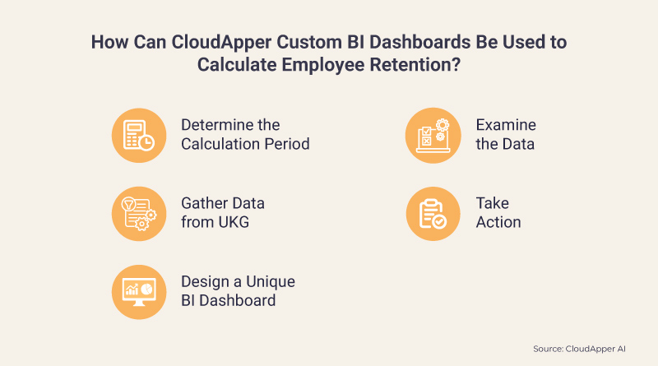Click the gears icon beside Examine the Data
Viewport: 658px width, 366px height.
click(433, 135)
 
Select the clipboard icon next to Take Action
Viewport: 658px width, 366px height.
click(433, 213)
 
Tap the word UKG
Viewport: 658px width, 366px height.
click(233, 223)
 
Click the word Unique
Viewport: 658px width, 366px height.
click(268, 281)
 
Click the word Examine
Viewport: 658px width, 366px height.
click(506, 125)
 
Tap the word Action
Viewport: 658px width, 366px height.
click(498, 223)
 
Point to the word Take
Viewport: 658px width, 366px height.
click(493, 203)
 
